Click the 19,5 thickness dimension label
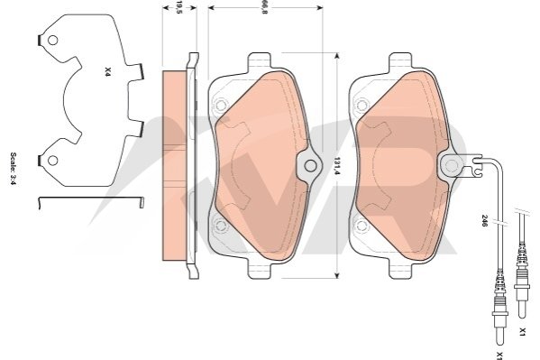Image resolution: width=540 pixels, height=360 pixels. coord(178,7)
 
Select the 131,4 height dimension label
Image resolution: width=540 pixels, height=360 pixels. coord(337,166)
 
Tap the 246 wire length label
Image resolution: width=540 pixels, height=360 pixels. coord(484,221)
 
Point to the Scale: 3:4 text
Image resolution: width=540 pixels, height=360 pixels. coord(14,169)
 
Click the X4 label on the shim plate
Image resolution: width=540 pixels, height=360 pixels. coord(107,71)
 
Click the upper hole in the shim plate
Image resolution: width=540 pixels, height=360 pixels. coord(52,41)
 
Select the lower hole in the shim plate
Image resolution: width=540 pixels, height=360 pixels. coord(52,161)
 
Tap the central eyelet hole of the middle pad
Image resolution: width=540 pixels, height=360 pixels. coord(311,166)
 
